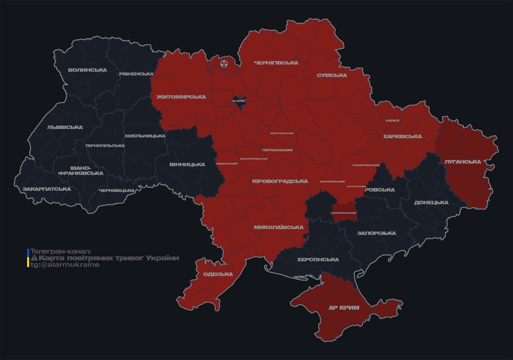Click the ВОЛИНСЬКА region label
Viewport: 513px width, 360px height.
[87, 70]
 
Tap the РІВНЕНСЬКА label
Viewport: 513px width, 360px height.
[136, 74]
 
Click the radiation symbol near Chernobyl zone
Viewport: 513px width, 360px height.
[224, 62]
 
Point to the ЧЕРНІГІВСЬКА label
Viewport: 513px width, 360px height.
[276, 63]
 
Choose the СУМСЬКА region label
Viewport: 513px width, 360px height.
[332, 75]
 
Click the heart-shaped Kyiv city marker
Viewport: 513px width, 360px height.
[239, 101]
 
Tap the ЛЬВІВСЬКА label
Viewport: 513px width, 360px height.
[65, 127]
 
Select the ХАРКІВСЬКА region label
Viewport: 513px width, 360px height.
[402, 137]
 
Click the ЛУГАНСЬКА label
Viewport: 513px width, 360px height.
[462, 162]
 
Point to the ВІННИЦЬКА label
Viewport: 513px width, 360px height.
[187, 165]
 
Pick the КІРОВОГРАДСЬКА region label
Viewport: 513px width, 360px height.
[280, 181]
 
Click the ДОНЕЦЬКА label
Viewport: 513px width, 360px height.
[431, 202]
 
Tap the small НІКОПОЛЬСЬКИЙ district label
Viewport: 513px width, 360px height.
[344, 213]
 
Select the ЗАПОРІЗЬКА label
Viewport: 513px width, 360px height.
[376, 233]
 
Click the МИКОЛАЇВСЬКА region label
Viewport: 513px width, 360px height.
[278, 227]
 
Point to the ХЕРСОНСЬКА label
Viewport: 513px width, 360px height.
[318, 260]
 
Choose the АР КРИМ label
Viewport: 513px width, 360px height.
[344, 307]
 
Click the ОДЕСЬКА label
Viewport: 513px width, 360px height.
[218, 274]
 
